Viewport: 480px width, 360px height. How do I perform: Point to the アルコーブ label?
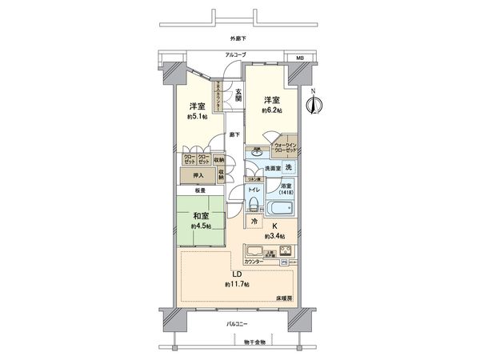click(x=234, y=54)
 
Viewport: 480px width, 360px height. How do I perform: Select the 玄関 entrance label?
click(x=238, y=97)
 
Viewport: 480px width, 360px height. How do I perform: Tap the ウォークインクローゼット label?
click(x=286, y=147)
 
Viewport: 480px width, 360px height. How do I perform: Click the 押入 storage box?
click(x=197, y=175)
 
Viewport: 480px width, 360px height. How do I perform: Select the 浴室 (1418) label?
click(x=286, y=190)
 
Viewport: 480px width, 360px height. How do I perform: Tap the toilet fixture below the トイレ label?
click(x=253, y=205)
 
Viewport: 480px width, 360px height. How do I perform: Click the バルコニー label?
click(x=236, y=323)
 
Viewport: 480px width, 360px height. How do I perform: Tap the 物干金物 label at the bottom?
click(x=255, y=342)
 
